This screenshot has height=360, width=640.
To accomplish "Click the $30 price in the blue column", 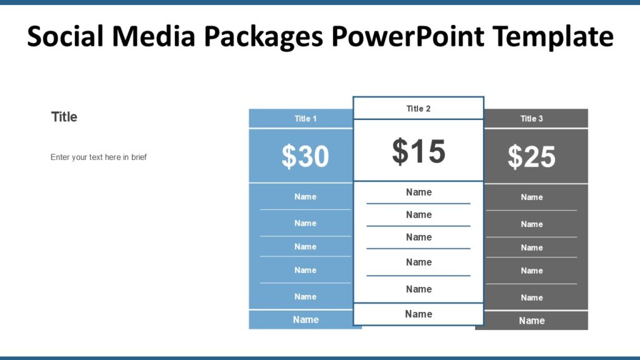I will (x=305, y=156).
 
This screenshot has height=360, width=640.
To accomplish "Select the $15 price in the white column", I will (x=419, y=151).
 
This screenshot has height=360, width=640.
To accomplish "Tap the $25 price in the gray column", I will (x=531, y=157).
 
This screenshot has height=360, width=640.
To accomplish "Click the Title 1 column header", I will (x=306, y=119).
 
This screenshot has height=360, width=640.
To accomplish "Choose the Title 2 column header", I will (x=419, y=109).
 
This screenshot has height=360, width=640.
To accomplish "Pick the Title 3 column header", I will (x=532, y=119).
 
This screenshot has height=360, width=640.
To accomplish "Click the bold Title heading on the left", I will (x=64, y=117).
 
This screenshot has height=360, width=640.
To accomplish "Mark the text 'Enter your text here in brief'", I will (x=99, y=157).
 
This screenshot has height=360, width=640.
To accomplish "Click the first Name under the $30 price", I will (x=306, y=197).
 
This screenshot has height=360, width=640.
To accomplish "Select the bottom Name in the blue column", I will (x=306, y=320).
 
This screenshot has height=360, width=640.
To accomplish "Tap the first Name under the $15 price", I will (x=419, y=192).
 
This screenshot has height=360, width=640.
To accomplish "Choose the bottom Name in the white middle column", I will (x=419, y=314).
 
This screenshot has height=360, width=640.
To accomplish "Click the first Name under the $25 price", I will (x=532, y=197).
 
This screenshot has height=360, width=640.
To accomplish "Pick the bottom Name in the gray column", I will (x=532, y=321).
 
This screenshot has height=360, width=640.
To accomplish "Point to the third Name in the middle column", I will (x=419, y=237).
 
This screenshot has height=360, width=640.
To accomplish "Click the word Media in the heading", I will (x=162, y=37).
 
